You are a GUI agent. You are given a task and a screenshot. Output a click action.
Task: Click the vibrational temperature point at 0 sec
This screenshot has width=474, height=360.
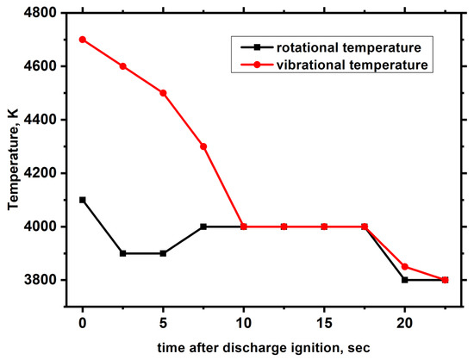click(x=83, y=40)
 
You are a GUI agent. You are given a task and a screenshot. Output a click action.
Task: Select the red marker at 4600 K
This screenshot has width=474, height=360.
click(x=122, y=66)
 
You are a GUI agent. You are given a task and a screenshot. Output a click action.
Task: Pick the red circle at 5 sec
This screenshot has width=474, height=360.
click(x=163, y=93)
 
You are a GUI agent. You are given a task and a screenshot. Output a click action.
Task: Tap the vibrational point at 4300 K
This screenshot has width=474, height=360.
click(x=203, y=146)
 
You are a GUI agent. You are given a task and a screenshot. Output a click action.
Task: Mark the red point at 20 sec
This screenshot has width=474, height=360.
click(x=405, y=266)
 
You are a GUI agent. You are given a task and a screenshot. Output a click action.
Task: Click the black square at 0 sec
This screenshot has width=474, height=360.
click(x=83, y=200)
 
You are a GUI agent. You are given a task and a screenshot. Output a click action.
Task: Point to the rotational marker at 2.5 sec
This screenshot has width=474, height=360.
click(x=122, y=253)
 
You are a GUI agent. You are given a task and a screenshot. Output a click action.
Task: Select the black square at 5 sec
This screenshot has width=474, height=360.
click(x=163, y=253)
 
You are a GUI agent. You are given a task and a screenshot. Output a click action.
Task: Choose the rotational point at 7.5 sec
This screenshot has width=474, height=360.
click(x=203, y=227)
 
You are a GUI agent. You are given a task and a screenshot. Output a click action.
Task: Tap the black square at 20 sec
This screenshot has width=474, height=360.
click(x=405, y=280)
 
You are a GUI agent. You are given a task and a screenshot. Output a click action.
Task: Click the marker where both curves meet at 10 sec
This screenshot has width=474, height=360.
click(x=244, y=227)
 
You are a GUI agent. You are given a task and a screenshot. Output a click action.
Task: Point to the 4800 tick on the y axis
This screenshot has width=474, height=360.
click(x=44, y=13)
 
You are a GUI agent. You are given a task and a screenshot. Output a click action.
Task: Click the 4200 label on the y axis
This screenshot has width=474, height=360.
click(x=44, y=173)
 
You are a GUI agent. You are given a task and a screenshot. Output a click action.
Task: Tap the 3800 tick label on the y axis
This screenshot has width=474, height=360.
click(x=44, y=280)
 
